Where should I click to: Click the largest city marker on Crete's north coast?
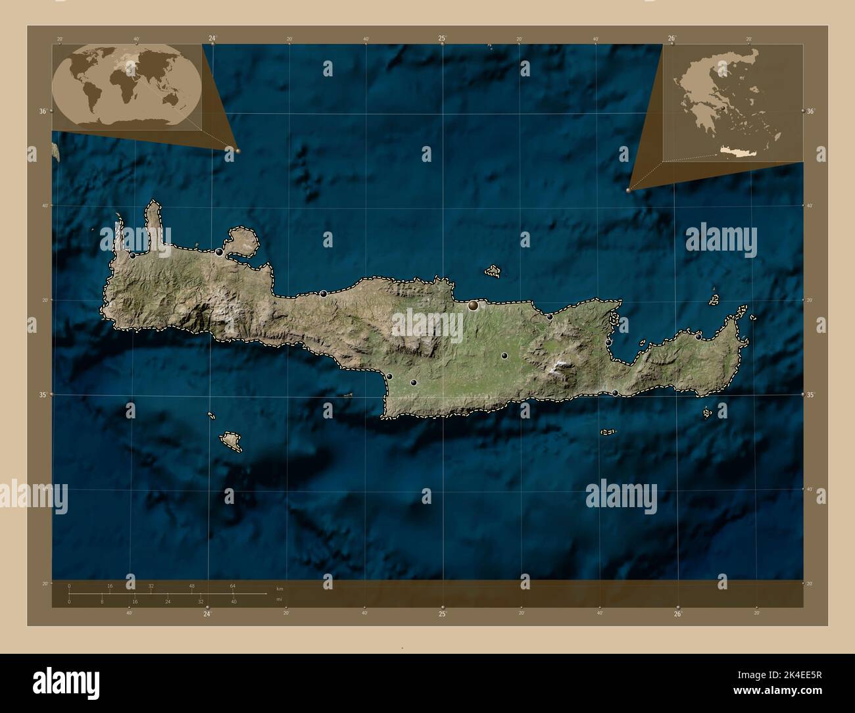tap(473, 305)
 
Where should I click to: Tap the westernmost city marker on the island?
tap(133, 255)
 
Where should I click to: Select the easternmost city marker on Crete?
tap(698, 335)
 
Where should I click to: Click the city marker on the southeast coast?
tap(615, 393)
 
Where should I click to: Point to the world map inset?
tap(127, 87)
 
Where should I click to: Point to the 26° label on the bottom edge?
tap(677, 614)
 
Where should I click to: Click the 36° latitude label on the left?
tap(43, 111)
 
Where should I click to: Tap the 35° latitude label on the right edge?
tap(811, 395)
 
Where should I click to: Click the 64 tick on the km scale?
tap(233, 585)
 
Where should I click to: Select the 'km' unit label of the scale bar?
tap(280, 587)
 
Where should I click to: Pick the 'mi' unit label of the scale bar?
tap(280, 601)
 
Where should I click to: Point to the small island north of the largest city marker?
tap(493, 270)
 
